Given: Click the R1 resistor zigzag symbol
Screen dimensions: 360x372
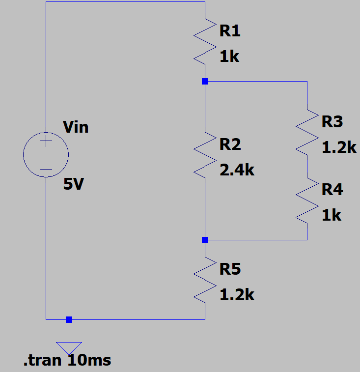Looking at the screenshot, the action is pos(205,41).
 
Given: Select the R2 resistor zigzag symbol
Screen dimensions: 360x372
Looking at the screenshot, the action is pos(205,155).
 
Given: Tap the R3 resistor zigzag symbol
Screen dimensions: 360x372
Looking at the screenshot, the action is pos(307,132).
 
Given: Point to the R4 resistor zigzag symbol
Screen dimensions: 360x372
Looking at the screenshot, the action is pos(307,200).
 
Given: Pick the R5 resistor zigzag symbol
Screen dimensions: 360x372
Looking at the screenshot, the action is pos(205,280).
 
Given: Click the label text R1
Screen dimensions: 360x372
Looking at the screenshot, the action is pos(230,31).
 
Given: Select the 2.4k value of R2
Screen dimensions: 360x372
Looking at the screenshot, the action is pos(237,170).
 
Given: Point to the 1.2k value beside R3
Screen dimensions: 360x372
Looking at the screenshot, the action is pos(339,147).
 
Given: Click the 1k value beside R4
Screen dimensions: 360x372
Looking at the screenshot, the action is pos(332,215).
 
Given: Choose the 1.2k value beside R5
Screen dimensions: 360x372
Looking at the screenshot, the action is pos(237,295).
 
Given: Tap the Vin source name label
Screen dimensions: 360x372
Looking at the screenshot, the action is pos(76,127).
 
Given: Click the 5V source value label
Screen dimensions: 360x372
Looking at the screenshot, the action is pos(74,184).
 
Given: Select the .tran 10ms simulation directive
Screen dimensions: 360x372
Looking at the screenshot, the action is pos(67,360).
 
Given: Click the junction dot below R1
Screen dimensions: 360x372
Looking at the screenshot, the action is pos(205,82).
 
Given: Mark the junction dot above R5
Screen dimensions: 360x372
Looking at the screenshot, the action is pos(205,240).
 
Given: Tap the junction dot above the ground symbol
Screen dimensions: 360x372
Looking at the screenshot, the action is pos(69,319).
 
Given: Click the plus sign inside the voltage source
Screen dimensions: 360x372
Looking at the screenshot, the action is pos(46,142).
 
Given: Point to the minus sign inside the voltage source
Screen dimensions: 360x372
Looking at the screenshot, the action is pos(46,170).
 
